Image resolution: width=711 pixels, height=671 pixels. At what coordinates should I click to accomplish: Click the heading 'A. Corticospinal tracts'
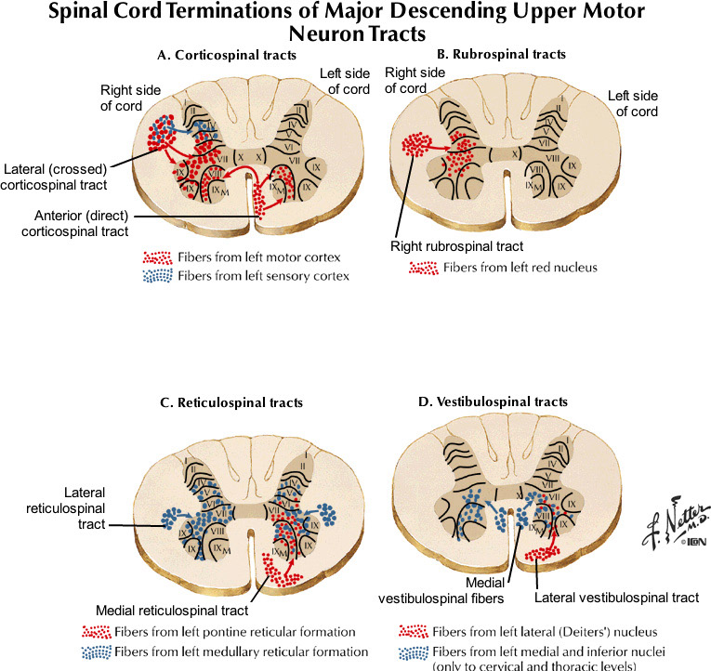coord(227,56)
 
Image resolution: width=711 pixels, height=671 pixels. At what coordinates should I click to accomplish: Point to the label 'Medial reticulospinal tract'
coord(172,611)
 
